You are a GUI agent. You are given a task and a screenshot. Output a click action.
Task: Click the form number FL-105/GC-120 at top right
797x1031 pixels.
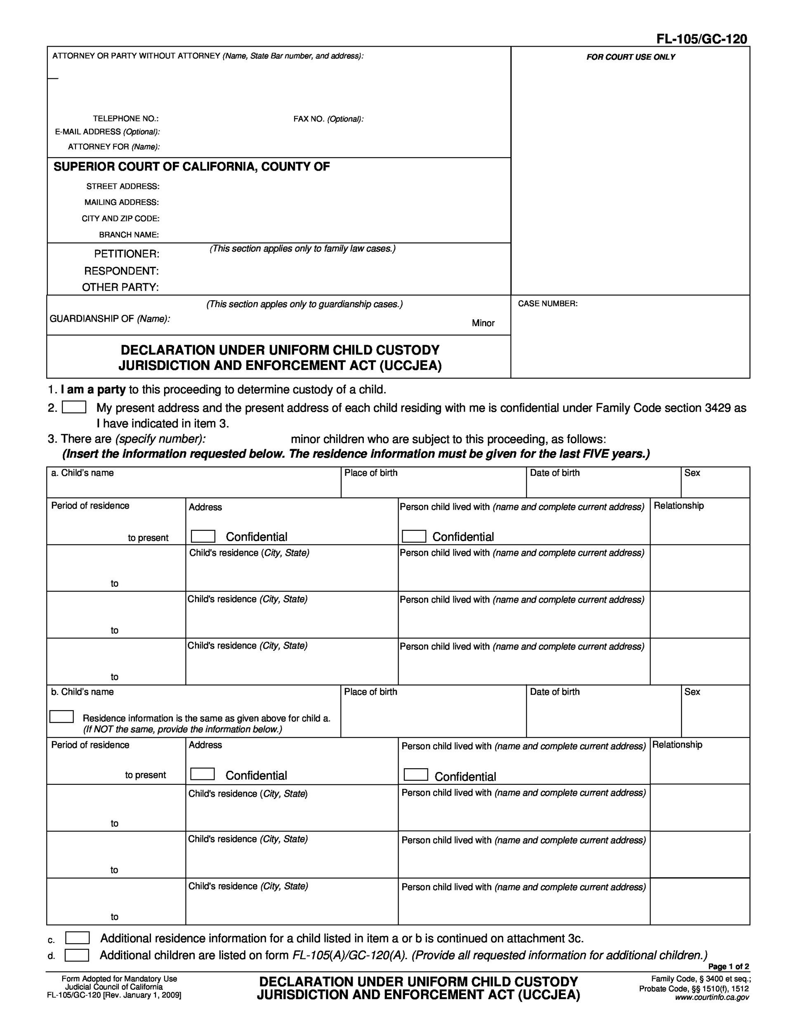click(x=702, y=39)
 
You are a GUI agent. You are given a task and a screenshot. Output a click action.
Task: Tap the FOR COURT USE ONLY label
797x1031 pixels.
click(x=630, y=57)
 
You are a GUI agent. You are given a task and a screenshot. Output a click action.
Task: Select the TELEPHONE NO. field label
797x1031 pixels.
click(x=125, y=118)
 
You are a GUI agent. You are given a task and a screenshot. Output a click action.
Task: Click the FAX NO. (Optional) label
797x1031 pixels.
click(x=328, y=119)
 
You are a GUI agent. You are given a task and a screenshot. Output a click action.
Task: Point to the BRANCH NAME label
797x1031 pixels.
click(x=128, y=235)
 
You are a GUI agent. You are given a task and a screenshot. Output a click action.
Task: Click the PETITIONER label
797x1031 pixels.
click(x=127, y=254)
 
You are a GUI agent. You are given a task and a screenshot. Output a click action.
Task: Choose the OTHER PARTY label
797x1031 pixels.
click(x=120, y=287)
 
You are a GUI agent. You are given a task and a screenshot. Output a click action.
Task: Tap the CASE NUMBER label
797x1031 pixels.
click(x=547, y=304)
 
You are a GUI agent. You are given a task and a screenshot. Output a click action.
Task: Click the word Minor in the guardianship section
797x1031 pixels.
click(x=483, y=323)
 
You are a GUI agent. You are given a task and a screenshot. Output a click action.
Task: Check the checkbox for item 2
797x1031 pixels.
click(x=74, y=407)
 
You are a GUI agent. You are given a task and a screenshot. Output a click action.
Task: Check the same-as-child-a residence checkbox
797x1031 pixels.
click(x=61, y=717)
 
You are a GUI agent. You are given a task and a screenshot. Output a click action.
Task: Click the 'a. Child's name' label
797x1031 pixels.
click(x=82, y=473)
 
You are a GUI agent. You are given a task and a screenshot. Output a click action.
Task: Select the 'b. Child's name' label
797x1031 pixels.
click(x=82, y=692)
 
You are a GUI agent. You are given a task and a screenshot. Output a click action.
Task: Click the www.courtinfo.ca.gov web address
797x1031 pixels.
click(x=712, y=998)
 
